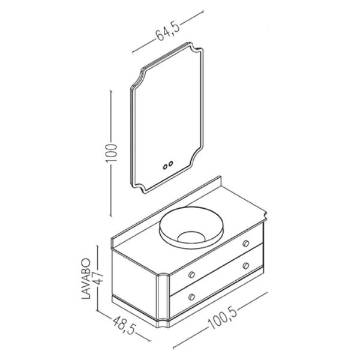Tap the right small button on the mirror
click(x=172, y=161)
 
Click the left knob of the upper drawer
click(x=192, y=273)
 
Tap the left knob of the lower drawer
click(x=191, y=296)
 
